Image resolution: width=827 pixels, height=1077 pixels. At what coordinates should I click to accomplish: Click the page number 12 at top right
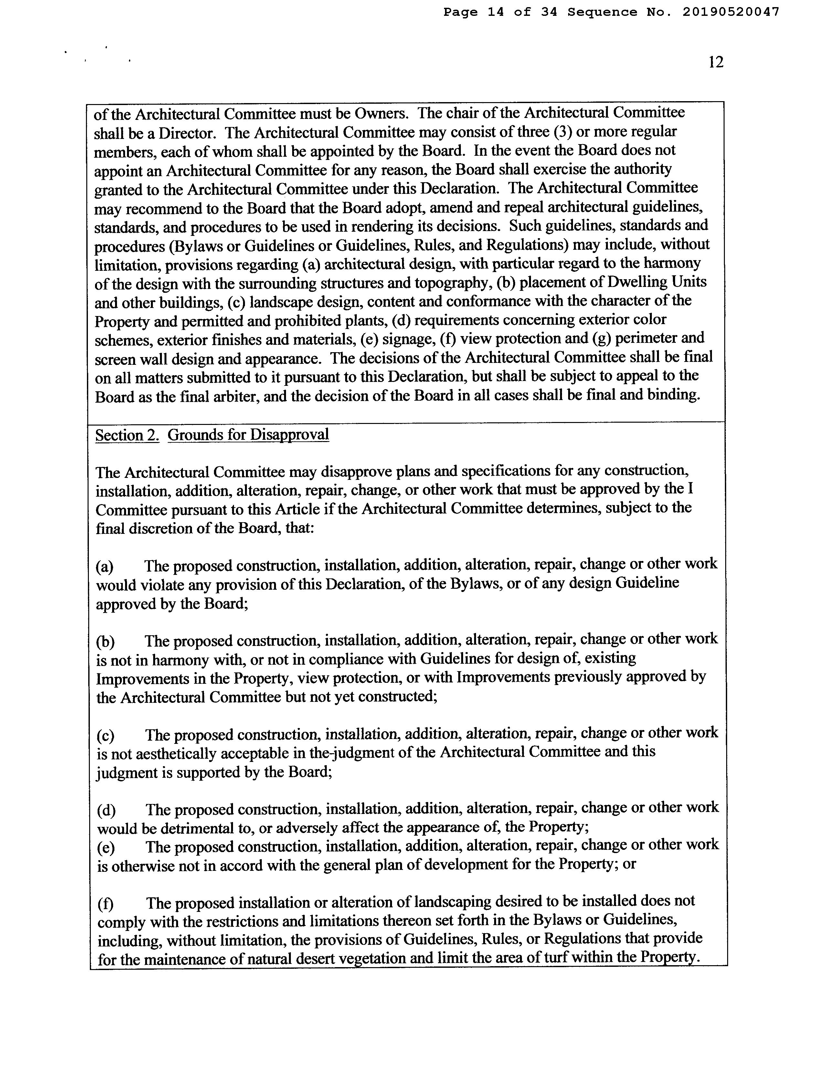coord(716,62)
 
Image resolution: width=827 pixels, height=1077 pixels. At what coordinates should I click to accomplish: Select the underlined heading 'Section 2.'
coord(127,435)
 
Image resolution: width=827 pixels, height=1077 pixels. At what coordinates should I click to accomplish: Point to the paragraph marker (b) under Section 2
coord(105,642)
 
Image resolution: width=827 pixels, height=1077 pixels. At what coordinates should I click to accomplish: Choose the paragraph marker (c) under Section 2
coord(105,736)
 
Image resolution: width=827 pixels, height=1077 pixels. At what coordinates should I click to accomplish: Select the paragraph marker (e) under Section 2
coord(105,848)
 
